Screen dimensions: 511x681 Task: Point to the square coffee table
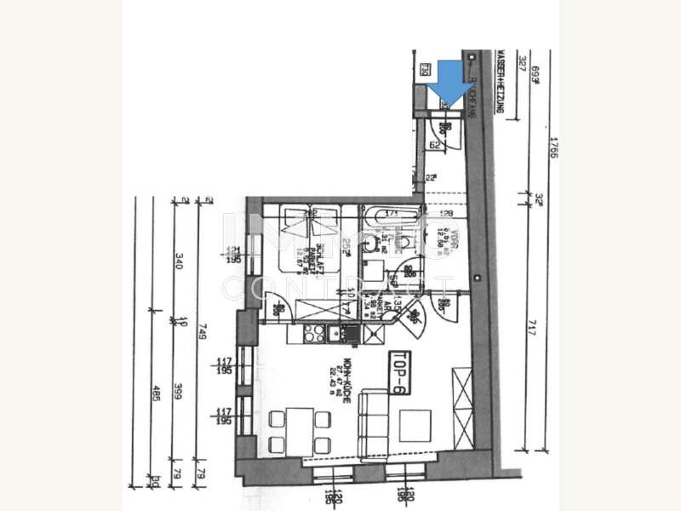[415, 425]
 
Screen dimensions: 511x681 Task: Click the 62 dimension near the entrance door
[434, 146]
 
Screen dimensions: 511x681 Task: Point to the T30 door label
[423, 69]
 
